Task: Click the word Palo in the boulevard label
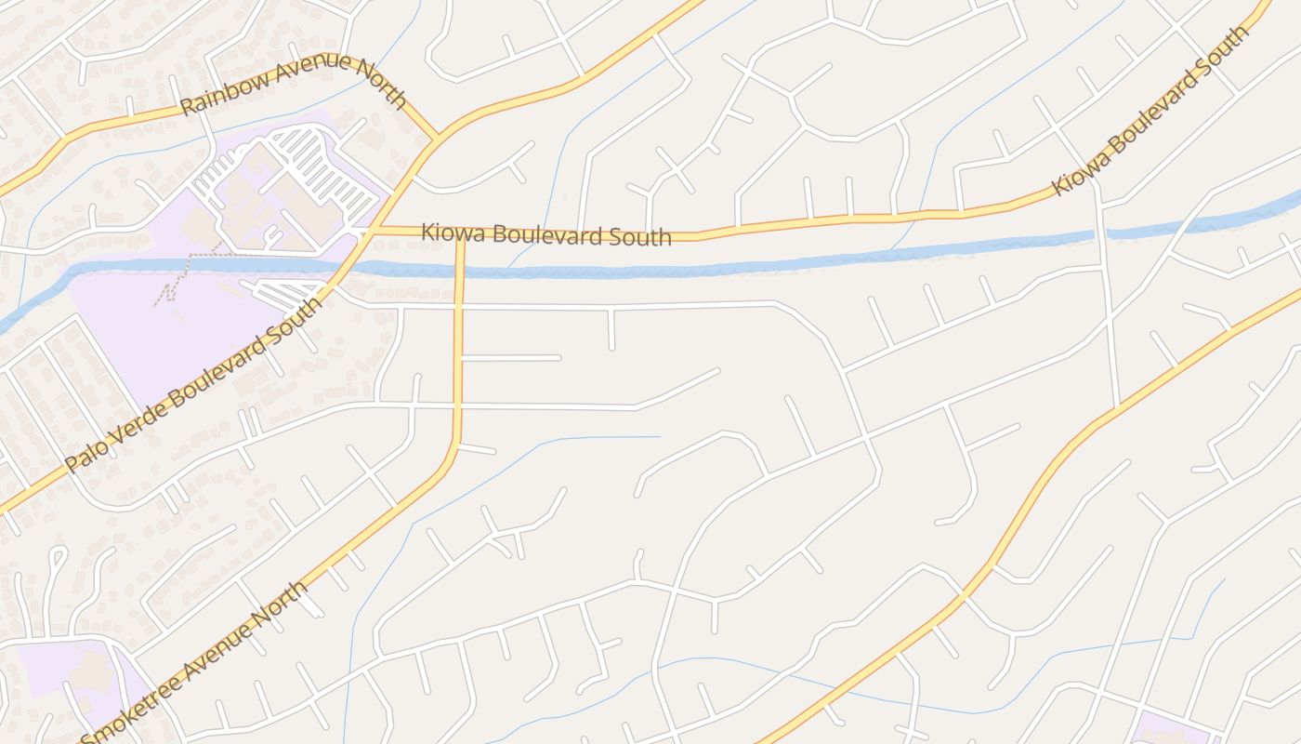pos(86,454)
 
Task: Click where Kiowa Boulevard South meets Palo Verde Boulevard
pos(374,228)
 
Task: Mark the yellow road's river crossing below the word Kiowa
pos(460,271)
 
